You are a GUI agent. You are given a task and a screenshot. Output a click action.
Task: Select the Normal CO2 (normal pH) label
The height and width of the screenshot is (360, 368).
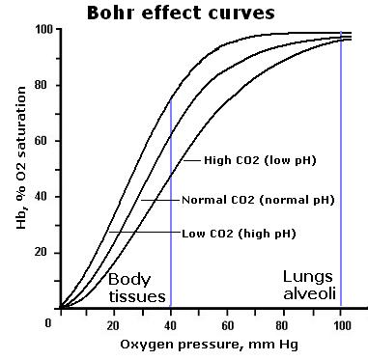(x=258, y=200)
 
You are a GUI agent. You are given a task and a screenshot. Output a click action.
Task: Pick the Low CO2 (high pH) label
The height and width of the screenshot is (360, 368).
(x=239, y=233)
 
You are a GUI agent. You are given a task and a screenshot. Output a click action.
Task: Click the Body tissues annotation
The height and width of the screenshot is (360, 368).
(x=137, y=287)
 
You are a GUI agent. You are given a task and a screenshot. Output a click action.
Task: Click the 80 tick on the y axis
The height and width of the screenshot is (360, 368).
(x=44, y=86)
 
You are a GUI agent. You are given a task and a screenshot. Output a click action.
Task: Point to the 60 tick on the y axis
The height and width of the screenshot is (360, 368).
(x=44, y=141)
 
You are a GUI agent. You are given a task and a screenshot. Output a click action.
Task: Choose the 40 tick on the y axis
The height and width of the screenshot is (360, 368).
(x=44, y=197)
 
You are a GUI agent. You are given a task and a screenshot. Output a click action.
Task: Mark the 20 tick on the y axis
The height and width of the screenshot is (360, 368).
(x=44, y=253)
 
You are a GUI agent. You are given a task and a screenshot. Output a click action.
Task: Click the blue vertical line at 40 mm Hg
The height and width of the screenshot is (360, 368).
(x=171, y=193)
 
